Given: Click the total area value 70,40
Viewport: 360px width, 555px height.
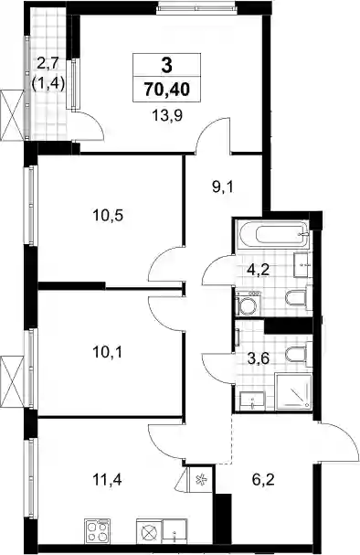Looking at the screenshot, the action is click(x=167, y=90).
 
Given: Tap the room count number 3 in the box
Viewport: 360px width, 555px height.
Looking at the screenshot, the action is click(x=166, y=65).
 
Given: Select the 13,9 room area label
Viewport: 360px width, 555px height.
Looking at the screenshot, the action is click(x=167, y=115).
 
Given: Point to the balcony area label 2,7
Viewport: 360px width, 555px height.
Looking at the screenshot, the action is click(x=48, y=65).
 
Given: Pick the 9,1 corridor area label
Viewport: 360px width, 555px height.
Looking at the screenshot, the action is click(x=223, y=187).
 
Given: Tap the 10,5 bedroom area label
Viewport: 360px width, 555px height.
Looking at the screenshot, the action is click(x=108, y=215).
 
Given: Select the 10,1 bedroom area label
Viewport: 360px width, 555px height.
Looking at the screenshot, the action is click(x=108, y=352).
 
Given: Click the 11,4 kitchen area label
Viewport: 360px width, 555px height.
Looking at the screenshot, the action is click(x=108, y=480).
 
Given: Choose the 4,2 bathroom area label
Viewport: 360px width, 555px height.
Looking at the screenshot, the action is click(x=259, y=271).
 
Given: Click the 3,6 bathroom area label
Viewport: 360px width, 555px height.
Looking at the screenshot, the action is click(x=259, y=358).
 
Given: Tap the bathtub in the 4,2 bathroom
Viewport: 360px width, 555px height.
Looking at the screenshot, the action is click(x=274, y=233).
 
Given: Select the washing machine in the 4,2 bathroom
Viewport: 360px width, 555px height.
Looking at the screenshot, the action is click(x=248, y=304).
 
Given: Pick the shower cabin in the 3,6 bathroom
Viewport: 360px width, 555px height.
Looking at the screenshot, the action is click(x=293, y=392).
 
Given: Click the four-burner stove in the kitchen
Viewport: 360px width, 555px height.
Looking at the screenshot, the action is click(x=98, y=531).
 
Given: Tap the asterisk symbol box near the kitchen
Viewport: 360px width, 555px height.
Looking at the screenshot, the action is click(x=201, y=480).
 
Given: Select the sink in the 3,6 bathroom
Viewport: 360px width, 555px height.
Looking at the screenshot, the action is click(x=252, y=400).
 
